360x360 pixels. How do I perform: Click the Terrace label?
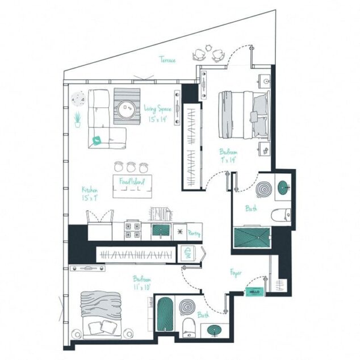tap(167, 60)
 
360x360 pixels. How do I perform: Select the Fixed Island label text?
tap(132, 182)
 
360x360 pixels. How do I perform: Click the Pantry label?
tap(194, 233)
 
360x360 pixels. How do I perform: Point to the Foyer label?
tap(236, 273)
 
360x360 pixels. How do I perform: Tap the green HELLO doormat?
tap(253, 291)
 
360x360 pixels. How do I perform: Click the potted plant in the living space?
tap(77, 119)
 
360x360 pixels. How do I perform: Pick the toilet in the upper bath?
tap(281, 216)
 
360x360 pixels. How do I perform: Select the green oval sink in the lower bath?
tap(215, 329)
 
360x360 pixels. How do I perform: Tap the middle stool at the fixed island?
tap(131, 166)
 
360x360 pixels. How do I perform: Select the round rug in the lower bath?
tap(187, 308)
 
